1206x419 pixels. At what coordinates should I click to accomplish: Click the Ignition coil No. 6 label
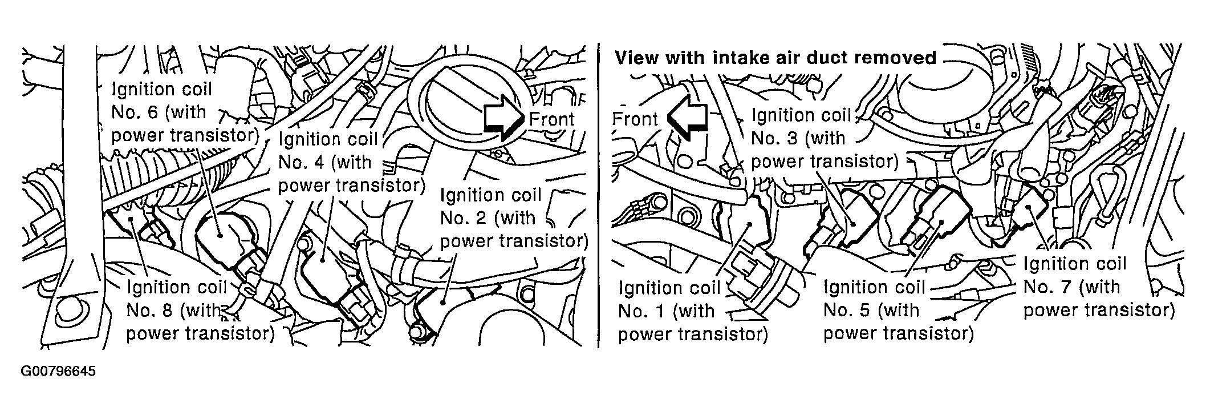click(185, 112)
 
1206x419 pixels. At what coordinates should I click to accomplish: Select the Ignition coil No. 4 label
click(351, 162)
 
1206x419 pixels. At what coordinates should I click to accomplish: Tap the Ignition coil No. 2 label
click(514, 218)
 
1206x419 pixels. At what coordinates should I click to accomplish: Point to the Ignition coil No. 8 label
click(200, 310)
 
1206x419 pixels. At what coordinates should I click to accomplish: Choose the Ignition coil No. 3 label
click(825, 138)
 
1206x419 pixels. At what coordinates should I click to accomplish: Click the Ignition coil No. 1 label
click(693, 311)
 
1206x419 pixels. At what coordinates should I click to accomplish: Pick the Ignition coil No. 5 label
click(899, 310)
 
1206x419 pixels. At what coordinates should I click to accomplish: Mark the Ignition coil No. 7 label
click(1099, 287)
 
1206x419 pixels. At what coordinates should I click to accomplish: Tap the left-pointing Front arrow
click(687, 118)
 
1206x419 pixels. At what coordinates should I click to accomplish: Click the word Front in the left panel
click(551, 119)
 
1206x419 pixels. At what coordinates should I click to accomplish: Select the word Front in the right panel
click(635, 119)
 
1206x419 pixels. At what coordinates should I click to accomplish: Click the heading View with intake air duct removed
click(775, 58)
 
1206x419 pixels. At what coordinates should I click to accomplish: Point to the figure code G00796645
click(58, 372)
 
